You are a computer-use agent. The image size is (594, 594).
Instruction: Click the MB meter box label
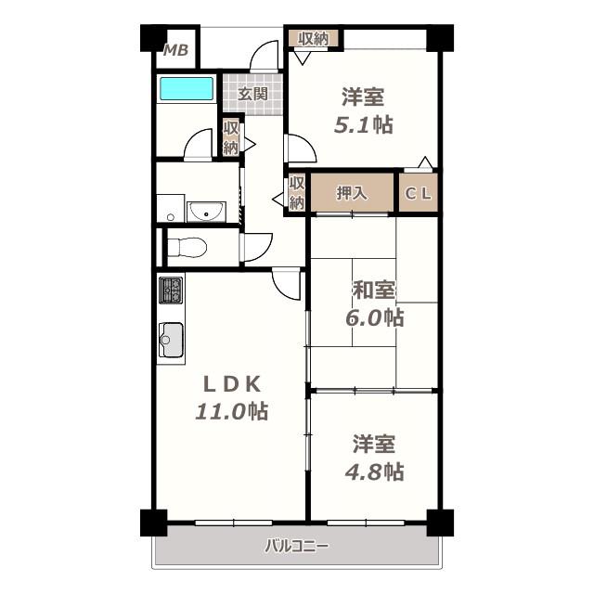(x=175, y=50)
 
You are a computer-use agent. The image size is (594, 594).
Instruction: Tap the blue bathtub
(x=187, y=89)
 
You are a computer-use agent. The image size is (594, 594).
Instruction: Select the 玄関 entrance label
(x=252, y=94)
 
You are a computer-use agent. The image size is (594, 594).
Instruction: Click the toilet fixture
(x=187, y=248)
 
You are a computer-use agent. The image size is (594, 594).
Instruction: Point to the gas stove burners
(x=171, y=291)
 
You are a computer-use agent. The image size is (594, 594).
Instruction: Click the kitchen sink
(x=171, y=340)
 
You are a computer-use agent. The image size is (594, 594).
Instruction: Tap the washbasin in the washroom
(x=206, y=212)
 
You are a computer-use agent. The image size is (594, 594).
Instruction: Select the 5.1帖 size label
(x=363, y=125)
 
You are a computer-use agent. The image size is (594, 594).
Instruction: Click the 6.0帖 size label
(x=374, y=317)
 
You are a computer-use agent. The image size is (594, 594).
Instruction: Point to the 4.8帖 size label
(x=374, y=471)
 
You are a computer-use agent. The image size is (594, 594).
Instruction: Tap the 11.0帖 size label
(x=231, y=411)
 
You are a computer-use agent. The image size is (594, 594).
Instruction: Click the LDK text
(x=232, y=384)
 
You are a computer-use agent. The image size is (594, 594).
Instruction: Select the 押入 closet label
(x=352, y=193)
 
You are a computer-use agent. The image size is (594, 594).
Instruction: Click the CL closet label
(x=419, y=194)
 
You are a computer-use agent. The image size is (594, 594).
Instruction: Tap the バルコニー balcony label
(x=297, y=546)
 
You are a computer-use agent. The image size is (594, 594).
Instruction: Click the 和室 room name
(x=374, y=291)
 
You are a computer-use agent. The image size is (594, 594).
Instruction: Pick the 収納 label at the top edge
(x=313, y=38)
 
